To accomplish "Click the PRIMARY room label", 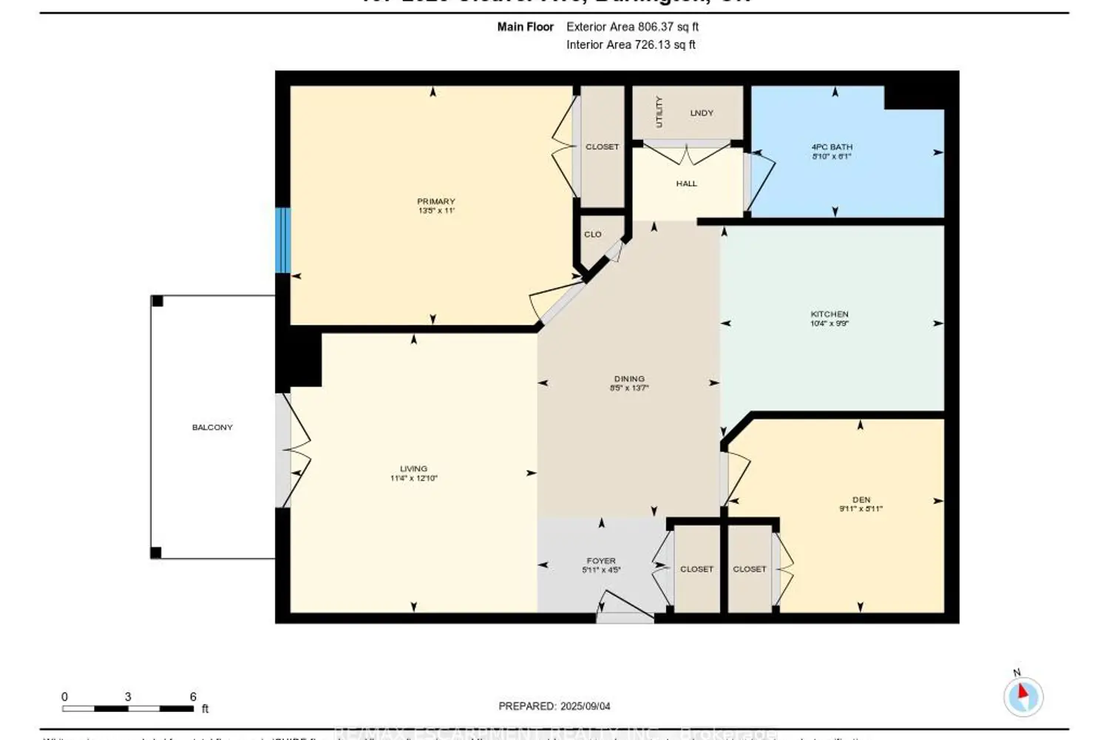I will tap(435, 201).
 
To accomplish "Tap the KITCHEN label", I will tap(829, 314).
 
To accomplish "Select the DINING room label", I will tap(629, 379).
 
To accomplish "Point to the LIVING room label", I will tap(413, 468).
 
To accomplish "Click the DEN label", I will tap(861, 500).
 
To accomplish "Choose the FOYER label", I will tap(601, 561).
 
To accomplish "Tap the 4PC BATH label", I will tap(832, 147).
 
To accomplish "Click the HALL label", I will tap(686, 184).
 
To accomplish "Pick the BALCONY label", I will tap(212, 428).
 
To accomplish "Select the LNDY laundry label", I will tap(702, 113).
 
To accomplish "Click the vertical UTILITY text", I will tap(659, 112).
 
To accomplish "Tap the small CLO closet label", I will tap(593, 235).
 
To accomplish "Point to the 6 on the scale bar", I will tap(193, 697).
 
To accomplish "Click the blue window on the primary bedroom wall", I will tap(282, 240).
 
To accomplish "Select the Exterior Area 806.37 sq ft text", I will tap(632, 27).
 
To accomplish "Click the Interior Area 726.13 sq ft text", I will tap(631, 44).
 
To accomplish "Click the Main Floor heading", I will tap(525, 27).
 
